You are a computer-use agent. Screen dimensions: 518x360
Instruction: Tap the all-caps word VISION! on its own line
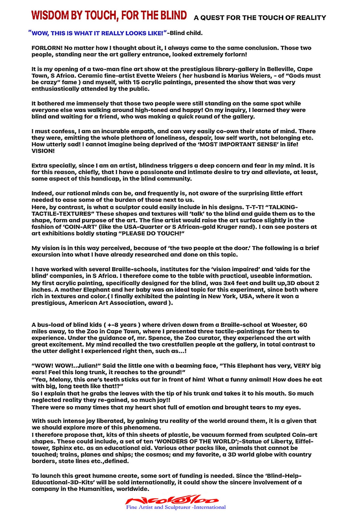coord(43,151)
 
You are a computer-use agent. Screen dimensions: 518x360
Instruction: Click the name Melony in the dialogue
coord(59,380)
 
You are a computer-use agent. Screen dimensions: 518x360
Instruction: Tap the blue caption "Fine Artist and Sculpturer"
coord(176,507)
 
